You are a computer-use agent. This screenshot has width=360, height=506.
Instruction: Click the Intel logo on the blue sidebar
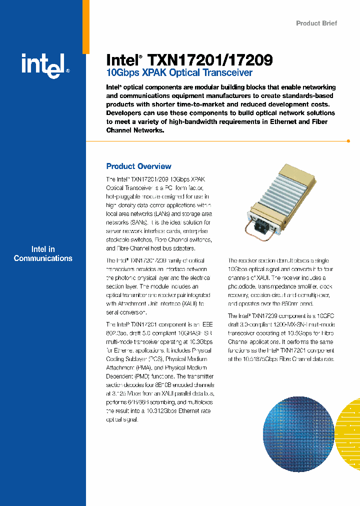point(42,65)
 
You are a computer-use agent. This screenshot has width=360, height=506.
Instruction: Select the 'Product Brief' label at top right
point(316,23)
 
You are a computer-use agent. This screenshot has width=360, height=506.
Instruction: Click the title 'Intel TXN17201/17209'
point(189,60)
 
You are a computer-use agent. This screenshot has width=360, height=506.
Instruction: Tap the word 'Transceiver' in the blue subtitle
point(227,73)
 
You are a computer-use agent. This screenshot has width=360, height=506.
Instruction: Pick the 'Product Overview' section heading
point(138,166)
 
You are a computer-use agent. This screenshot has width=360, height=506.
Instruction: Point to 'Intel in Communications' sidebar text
point(43,254)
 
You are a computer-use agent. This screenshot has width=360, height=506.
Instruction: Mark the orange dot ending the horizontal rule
point(348,141)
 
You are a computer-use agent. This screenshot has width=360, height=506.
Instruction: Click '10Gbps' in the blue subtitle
point(120,73)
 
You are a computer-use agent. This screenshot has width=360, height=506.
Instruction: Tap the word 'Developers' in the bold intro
point(125,113)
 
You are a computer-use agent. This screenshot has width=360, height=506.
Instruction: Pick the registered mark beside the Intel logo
point(67,71)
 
